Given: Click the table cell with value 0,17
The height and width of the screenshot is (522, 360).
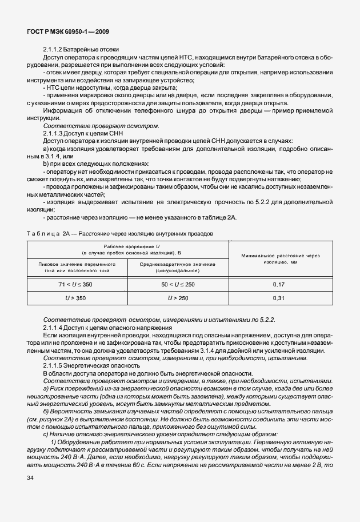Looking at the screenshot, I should click(x=279, y=284).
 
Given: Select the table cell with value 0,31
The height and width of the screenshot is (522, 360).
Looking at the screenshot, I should click(x=279, y=298).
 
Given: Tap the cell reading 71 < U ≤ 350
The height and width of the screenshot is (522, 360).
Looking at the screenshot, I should click(x=77, y=284).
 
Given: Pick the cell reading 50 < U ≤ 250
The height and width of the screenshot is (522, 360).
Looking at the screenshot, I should click(x=178, y=284).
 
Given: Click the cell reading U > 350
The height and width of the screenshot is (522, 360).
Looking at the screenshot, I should click(x=77, y=298).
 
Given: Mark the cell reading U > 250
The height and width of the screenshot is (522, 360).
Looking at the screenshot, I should click(x=178, y=298).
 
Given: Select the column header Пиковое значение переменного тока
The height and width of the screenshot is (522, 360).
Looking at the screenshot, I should click(x=77, y=267).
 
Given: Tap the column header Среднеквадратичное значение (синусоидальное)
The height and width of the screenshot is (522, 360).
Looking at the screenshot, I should click(x=178, y=267).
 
